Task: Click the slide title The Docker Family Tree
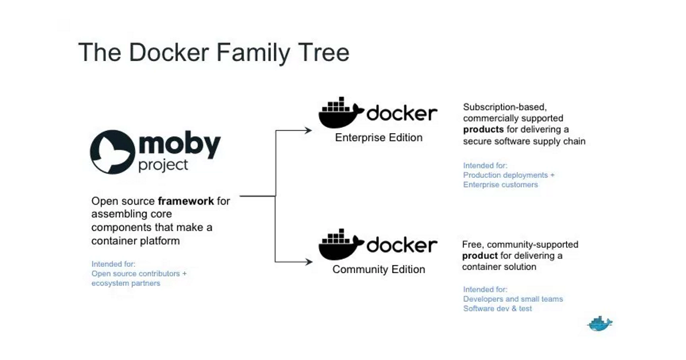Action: [x=213, y=53]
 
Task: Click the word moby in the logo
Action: [x=178, y=145]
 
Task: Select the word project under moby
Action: [x=163, y=166]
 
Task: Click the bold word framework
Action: [x=186, y=201]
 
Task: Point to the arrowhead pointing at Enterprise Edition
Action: [x=309, y=130]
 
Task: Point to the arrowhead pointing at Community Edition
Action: [x=309, y=262]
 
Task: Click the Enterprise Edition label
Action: [x=378, y=138]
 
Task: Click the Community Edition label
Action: [x=378, y=269]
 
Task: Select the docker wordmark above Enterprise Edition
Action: [x=402, y=113]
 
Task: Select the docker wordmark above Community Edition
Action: [x=402, y=245]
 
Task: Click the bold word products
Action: [x=484, y=130]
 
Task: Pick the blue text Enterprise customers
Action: [x=500, y=185]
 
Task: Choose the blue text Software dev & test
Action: [x=497, y=309]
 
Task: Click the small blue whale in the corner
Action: [x=600, y=323]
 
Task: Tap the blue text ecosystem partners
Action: [x=126, y=283]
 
